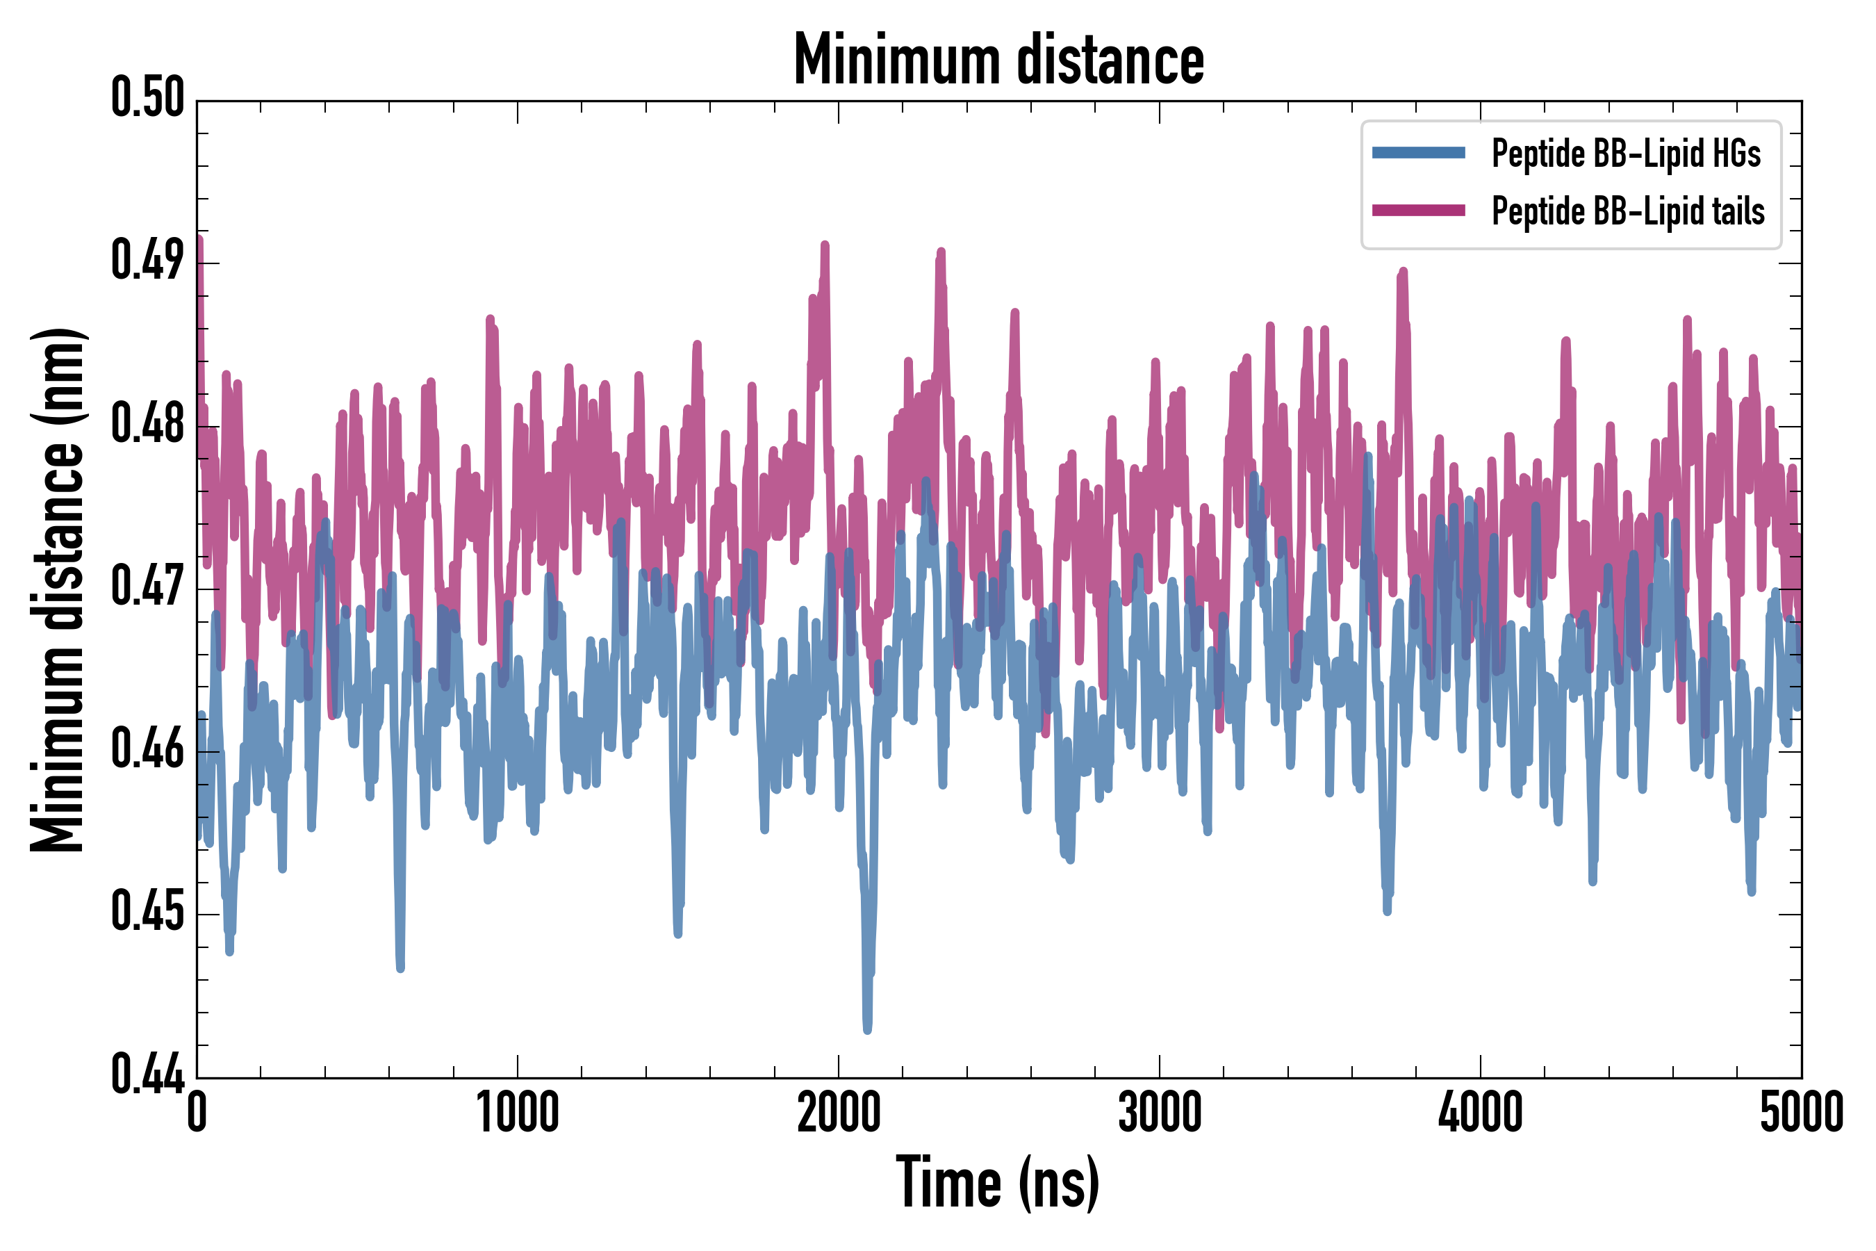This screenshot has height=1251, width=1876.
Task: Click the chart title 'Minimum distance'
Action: pyautogui.click(x=998, y=59)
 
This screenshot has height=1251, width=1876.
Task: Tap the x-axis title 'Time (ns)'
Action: pyautogui.click(x=997, y=1182)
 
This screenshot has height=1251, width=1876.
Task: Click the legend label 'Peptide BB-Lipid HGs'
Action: pyautogui.click(x=1626, y=153)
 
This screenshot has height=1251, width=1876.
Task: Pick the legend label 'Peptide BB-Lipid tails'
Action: pyautogui.click(x=1628, y=211)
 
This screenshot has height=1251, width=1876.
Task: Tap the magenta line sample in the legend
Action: pyautogui.click(x=1418, y=211)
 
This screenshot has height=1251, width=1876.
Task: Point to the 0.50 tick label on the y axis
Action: pyautogui.click(x=147, y=97)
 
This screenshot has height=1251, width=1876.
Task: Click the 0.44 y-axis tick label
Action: pyautogui.click(x=147, y=1074)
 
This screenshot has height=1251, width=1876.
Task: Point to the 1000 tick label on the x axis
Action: pyautogui.click(x=518, y=1112)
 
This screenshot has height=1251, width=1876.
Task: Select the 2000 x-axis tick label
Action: pyautogui.click(x=839, y=1112)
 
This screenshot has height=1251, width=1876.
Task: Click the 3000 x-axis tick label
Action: pyautogui.click(x=1159, y=1112)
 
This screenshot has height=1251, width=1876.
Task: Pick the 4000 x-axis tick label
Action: pyautogui.click(x=1481, y=1112)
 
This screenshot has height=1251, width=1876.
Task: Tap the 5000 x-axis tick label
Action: pyautogui.click(x=1801, y=1112)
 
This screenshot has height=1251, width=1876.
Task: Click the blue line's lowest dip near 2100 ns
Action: pyautogui.click(x=867, y=1029)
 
